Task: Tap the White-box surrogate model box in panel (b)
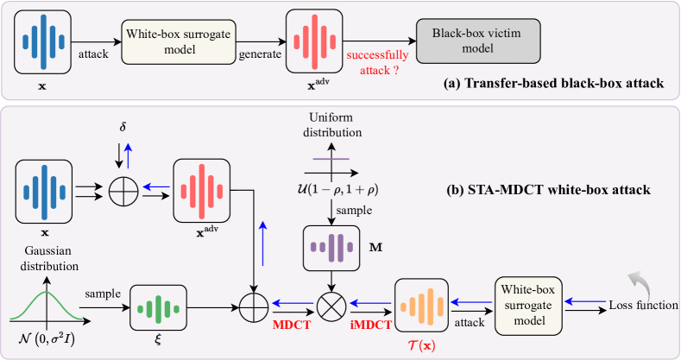[529, 305]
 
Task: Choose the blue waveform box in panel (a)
[42, 39]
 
